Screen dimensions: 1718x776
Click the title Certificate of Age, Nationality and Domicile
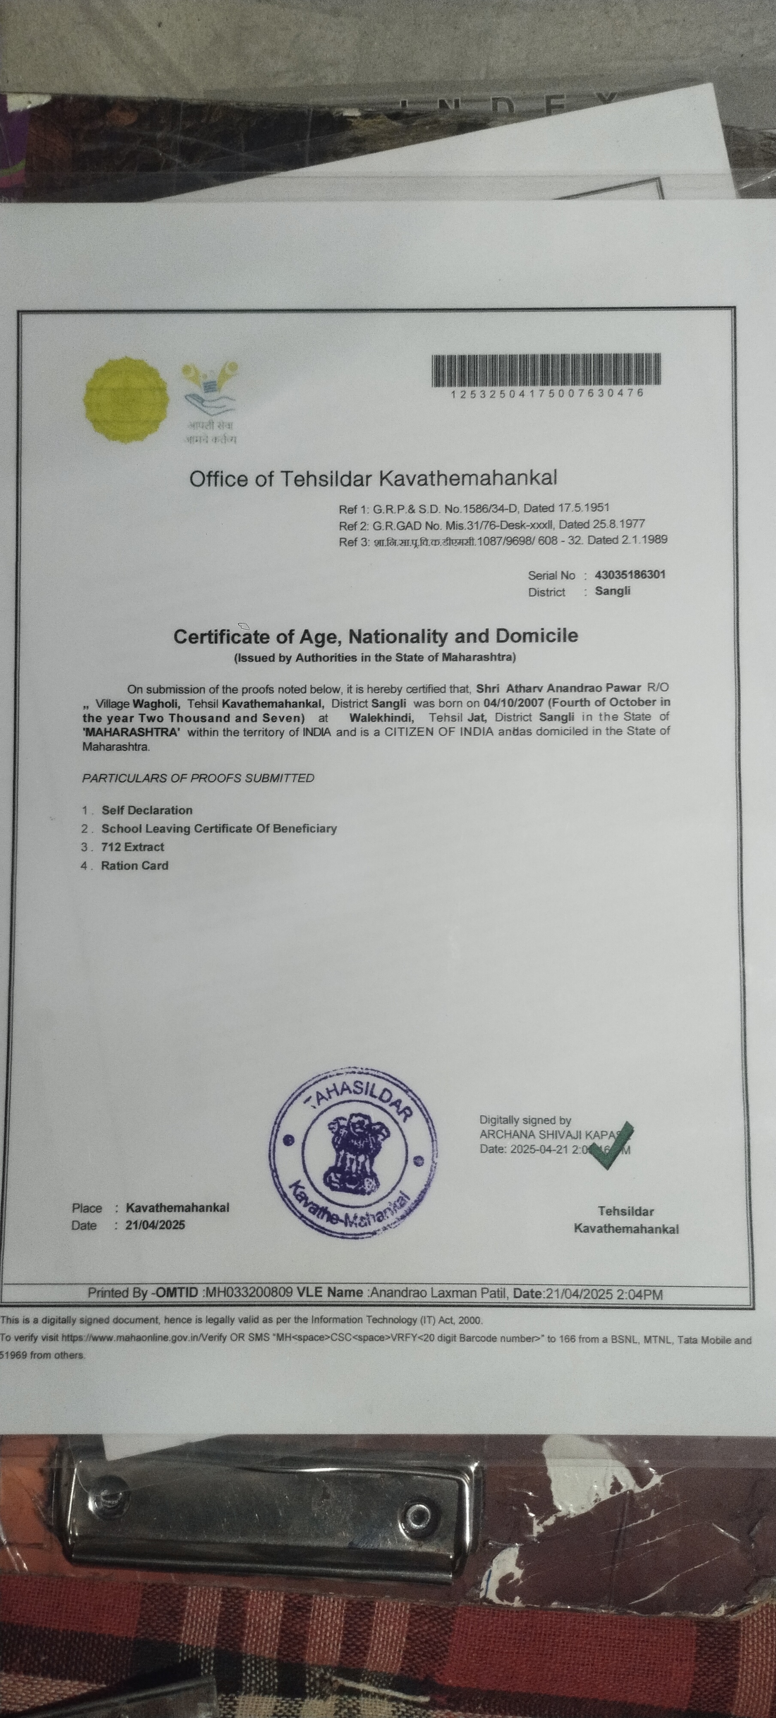pos(375,636)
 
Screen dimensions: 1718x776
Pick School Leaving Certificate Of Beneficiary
pos(218,829)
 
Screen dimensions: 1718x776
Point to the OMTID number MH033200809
pos(249,1292)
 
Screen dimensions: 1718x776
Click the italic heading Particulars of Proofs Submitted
pos(198,778)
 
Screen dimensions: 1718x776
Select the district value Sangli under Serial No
pos(612,591)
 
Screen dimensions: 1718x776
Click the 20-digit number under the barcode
pos(547,393)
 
